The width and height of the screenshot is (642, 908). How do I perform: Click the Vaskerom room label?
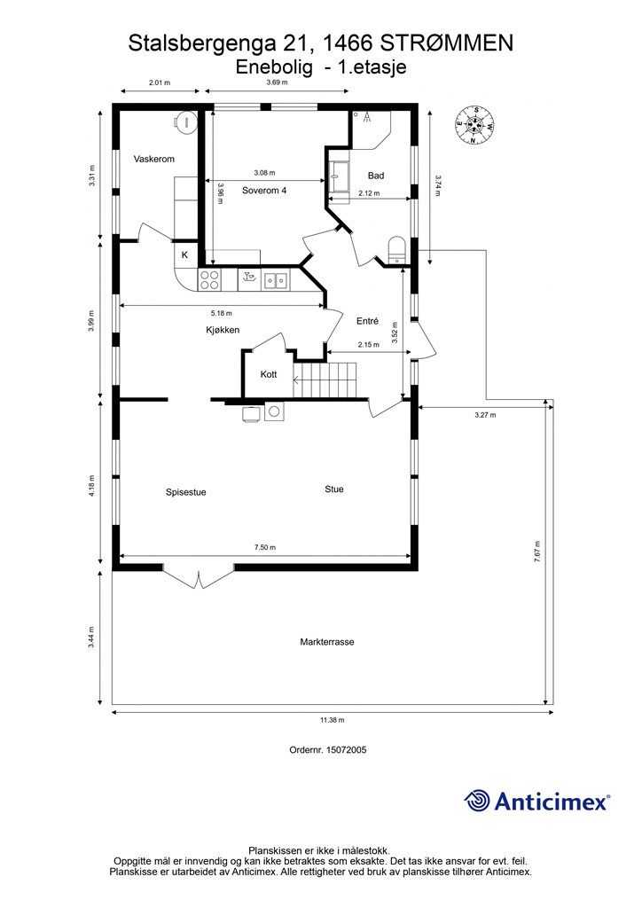point(154,159)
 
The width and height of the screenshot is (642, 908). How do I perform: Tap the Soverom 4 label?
point(264,190)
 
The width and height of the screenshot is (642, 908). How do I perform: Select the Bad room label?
point(376,176)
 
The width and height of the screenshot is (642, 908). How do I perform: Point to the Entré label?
point(367,321)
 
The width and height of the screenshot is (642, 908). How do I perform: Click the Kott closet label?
point(268,374)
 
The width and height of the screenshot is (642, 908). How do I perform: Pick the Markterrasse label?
point(327,642)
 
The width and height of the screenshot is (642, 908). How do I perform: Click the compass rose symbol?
point(474,124)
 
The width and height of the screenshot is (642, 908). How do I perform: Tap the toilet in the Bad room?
point(396,249)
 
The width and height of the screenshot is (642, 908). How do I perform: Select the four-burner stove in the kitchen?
point(209,281)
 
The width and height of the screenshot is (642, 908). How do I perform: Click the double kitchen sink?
point(277,281)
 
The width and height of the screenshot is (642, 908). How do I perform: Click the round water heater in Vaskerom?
point(186,121)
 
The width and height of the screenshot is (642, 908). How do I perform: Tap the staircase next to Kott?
point(325,380)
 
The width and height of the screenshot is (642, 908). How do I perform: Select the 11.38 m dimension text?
point(333,720)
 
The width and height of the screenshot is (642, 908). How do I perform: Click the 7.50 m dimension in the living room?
point(265,547)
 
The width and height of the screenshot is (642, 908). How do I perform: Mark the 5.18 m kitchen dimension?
point(221,313)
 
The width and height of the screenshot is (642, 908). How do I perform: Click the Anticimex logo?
point(536,801)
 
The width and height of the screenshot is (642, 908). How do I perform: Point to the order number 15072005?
point(328,749)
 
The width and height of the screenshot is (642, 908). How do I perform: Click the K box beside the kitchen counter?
point(185,254)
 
